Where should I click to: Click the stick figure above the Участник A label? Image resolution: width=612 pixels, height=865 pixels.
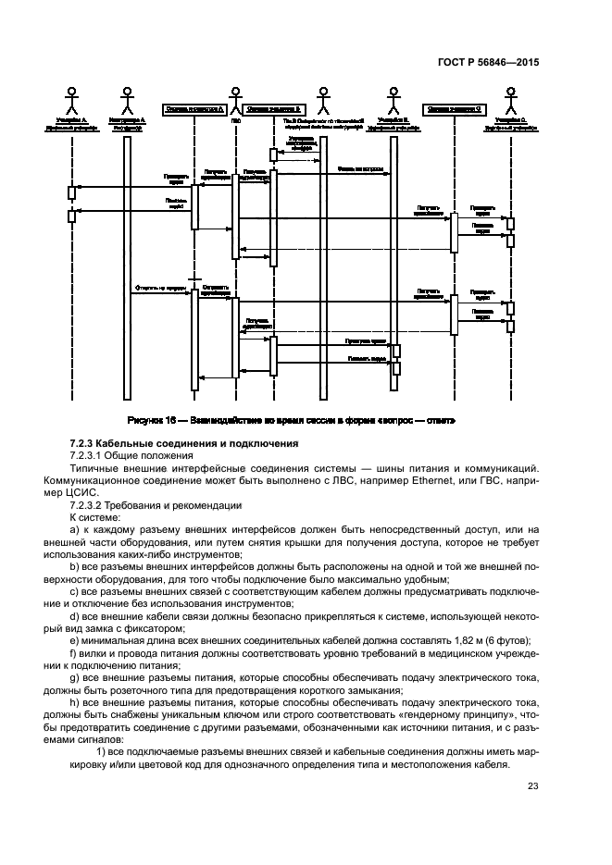click(71, 98)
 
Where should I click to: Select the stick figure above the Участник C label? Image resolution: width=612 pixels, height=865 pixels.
click(510, 98)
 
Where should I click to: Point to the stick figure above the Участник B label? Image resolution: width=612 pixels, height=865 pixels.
click(393, 98)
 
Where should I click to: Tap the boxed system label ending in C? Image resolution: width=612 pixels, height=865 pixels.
click(454, 109)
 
